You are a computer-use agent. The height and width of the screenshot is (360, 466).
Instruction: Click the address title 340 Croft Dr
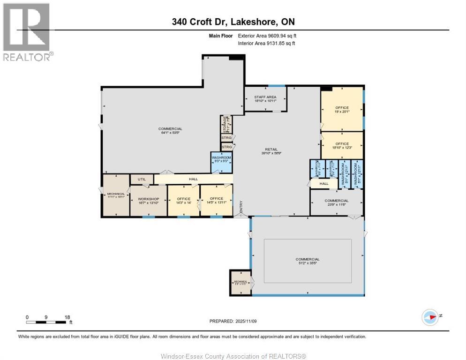pos(233,22)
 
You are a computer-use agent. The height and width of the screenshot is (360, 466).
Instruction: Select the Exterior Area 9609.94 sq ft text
pos(267,36)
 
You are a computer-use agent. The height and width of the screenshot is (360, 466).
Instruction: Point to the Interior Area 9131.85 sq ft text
pos(267,44)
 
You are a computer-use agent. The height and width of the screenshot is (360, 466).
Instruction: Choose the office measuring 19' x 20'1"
pos(342,110)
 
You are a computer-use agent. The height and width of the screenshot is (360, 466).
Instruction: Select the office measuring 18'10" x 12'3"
pos(342,146)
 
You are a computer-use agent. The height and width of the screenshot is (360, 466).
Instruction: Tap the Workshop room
pos(149,201)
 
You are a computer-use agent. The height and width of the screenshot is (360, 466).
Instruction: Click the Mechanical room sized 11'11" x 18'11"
pos(115,195)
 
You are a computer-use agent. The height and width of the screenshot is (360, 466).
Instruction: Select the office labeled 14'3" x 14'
pos(183,201)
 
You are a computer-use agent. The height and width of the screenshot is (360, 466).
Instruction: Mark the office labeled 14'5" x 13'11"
pos(216,201)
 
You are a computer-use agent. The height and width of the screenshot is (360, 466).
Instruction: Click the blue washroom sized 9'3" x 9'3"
pos(221,159)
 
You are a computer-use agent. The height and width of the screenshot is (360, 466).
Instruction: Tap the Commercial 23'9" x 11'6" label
pos(336,202)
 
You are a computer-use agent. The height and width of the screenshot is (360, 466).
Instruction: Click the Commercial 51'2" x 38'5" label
pos(308,261)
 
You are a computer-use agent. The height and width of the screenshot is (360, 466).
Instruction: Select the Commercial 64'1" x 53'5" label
pos(170,131)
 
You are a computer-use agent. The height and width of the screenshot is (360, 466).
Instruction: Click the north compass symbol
pos(429,317)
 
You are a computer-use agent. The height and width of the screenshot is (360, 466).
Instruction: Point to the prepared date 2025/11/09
pos(233,321)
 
